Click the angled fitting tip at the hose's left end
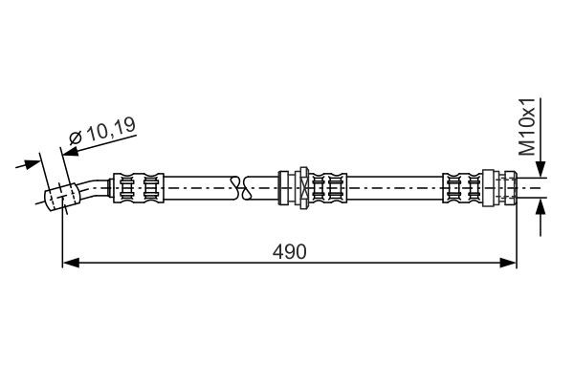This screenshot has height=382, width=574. click(60, 197)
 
